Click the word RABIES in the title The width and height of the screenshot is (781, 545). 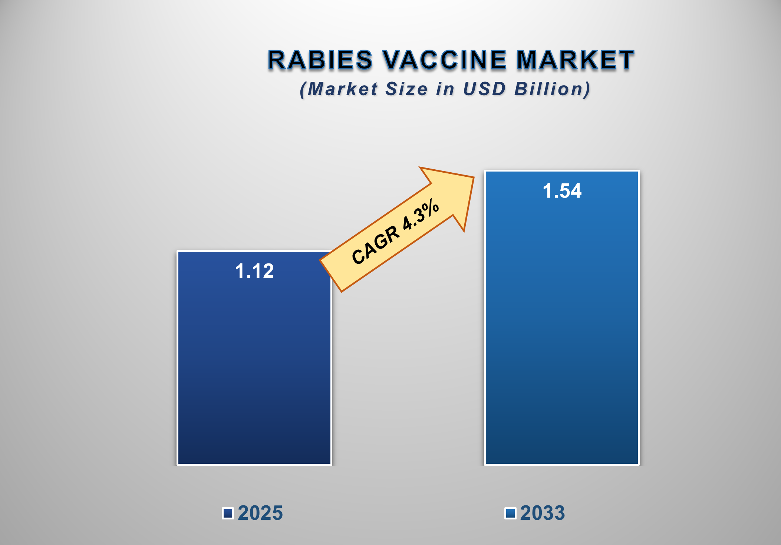pos(320,60)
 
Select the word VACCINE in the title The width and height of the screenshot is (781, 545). pos(444,60)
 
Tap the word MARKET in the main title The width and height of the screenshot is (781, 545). pos(575,60)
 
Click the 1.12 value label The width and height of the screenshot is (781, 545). pos(254,271)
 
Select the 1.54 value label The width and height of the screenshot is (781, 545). pos(562,191)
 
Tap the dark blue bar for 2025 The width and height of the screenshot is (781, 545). pos(254,370)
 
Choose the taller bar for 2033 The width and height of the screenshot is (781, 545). pos(562,333)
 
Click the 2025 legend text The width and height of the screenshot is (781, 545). pos(260,513)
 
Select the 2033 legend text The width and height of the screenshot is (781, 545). pos(542,513)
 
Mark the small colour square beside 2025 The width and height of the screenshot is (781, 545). pos(228,513)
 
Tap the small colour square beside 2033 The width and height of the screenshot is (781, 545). pos(510,513)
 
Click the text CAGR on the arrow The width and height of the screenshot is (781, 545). pos(375,245)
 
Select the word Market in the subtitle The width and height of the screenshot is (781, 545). pos(342,89)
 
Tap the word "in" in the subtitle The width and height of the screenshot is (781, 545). pos(445,89)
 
